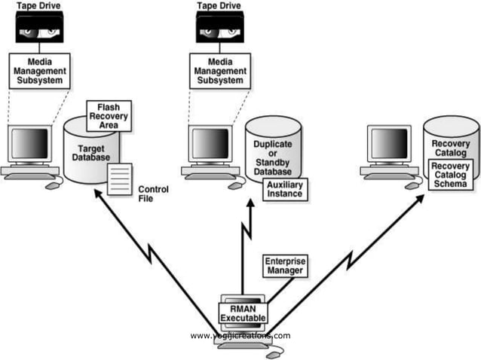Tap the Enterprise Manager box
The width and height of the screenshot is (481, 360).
click(x=284, y=265)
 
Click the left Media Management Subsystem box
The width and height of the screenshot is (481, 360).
click(x=39, y=69)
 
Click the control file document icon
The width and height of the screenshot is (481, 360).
click(x=118, y=178)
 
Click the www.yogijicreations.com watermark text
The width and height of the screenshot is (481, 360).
click(x=240, y=335)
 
